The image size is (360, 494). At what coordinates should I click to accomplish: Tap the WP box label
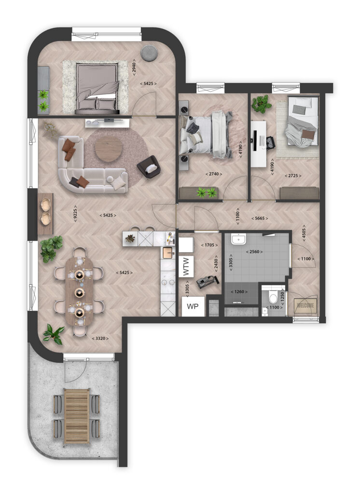click(x=193, y=306)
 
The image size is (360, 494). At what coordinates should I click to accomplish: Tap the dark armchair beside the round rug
click(x=148, y=167)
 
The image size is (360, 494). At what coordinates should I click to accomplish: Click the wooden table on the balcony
click(x=77, y=416)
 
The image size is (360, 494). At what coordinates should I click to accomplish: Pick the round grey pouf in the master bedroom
click(x=149, y=52)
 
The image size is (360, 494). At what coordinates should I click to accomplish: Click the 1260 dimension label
click(x=241, y=292)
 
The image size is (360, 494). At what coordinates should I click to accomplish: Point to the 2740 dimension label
click(x=213, y=174)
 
